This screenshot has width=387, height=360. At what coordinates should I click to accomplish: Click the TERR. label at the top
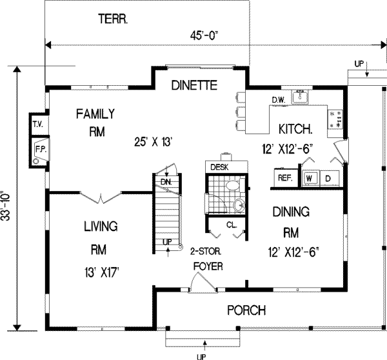[114, 19]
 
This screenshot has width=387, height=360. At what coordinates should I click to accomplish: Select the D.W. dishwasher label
[279, 99]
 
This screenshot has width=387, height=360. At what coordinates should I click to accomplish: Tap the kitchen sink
[300, 97]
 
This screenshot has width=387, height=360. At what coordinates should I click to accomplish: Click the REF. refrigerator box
[285, 177]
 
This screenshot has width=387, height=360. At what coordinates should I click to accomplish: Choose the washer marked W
[310, 177]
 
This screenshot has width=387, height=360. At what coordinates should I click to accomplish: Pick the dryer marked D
[328, 177]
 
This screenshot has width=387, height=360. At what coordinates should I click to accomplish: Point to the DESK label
[220, 167]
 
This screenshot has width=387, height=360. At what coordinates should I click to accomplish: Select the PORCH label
[247, 311]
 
